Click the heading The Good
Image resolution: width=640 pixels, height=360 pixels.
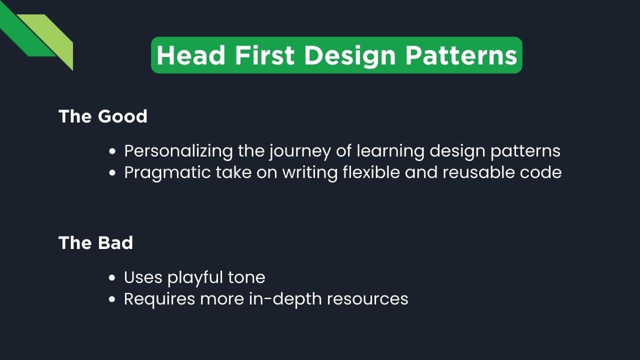pos(103,116)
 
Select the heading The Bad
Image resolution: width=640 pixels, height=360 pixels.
pos(95,243)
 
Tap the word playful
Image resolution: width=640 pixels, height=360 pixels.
pos(195,277)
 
